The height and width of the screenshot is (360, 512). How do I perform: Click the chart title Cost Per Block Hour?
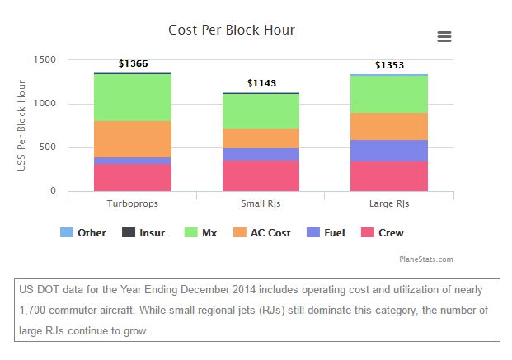[x=232, y=30]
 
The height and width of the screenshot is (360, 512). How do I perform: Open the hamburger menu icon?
[x=444, y=36]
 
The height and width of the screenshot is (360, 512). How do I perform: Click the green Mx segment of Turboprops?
[x=133, y=97]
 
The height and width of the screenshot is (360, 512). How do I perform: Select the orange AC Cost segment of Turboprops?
[x=133, y=139]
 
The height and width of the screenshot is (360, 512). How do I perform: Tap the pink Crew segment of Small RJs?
[x=261, y=175]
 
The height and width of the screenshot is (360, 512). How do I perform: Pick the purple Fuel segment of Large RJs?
[x=389, y=151]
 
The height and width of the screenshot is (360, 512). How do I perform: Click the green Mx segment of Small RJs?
[x=261, y=110]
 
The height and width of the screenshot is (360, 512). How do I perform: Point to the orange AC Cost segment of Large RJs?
[x=389, y=126]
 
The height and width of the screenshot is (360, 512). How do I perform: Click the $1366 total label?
[x=133, y=63]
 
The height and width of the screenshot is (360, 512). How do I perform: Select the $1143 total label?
[x=261, y=83]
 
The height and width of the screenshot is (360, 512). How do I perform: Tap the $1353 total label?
[x=389, y=65]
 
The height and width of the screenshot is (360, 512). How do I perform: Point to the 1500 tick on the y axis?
[x=45, y=59]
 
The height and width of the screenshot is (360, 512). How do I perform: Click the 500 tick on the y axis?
[x=49, y=147]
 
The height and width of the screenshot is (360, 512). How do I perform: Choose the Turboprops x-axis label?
[x=133, y=203]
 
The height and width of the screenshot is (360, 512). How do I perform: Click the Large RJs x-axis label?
[x=389, y=203]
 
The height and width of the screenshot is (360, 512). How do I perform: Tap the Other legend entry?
[x=84, y=233]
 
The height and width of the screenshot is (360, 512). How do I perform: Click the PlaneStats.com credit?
[x=427, y=259]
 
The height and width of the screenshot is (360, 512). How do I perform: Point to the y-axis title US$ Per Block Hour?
[x=22, y=125]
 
